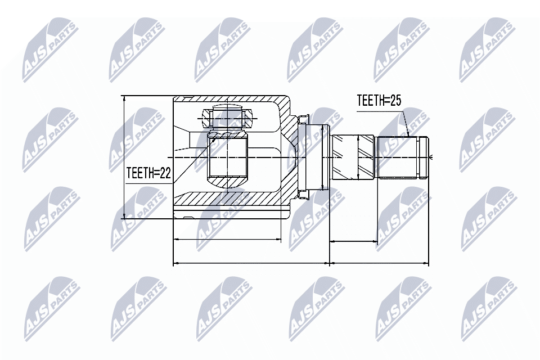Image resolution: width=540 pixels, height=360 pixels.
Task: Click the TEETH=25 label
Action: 379,101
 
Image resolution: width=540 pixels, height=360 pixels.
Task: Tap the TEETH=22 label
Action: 148,173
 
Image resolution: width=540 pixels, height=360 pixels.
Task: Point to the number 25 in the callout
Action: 395,101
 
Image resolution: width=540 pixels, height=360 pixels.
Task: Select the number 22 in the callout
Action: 165,173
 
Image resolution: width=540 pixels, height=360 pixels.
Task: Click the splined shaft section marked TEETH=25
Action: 398,157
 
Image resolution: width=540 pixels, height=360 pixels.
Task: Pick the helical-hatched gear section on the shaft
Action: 353,157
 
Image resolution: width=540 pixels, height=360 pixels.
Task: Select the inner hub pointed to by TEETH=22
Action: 227,159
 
